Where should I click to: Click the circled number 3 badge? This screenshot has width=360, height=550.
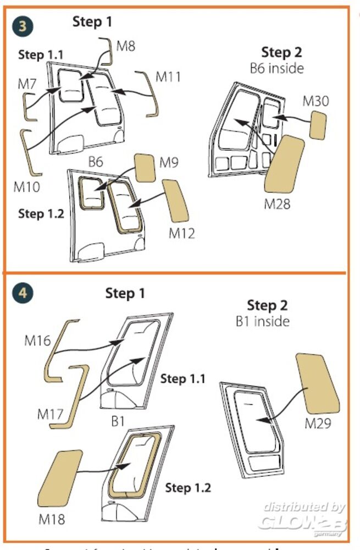tap(23, 26)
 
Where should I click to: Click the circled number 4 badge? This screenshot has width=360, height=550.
tap(23, 293)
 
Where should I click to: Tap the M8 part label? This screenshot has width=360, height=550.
tap(126, 45)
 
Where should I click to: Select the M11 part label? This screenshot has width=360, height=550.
tap(168, 76)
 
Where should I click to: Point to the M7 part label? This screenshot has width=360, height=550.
tap(27, 84)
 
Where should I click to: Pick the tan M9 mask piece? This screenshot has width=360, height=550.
tap(145, 168)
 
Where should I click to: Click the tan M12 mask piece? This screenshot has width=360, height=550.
tap(175, 202)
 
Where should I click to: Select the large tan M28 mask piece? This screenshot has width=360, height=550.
tap(285, 165)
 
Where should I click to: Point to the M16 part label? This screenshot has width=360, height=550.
tap(37, 340)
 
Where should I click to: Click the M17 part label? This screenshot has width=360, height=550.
tap(51, 413)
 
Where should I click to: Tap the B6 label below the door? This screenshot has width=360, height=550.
tap(96, 162)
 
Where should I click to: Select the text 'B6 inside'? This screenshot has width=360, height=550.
tap(276, 69)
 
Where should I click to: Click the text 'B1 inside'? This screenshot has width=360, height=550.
tap(262, 321)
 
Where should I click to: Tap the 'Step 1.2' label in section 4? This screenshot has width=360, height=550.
tap(188, 487)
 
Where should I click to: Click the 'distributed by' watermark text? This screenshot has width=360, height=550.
tap(303, 507)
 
